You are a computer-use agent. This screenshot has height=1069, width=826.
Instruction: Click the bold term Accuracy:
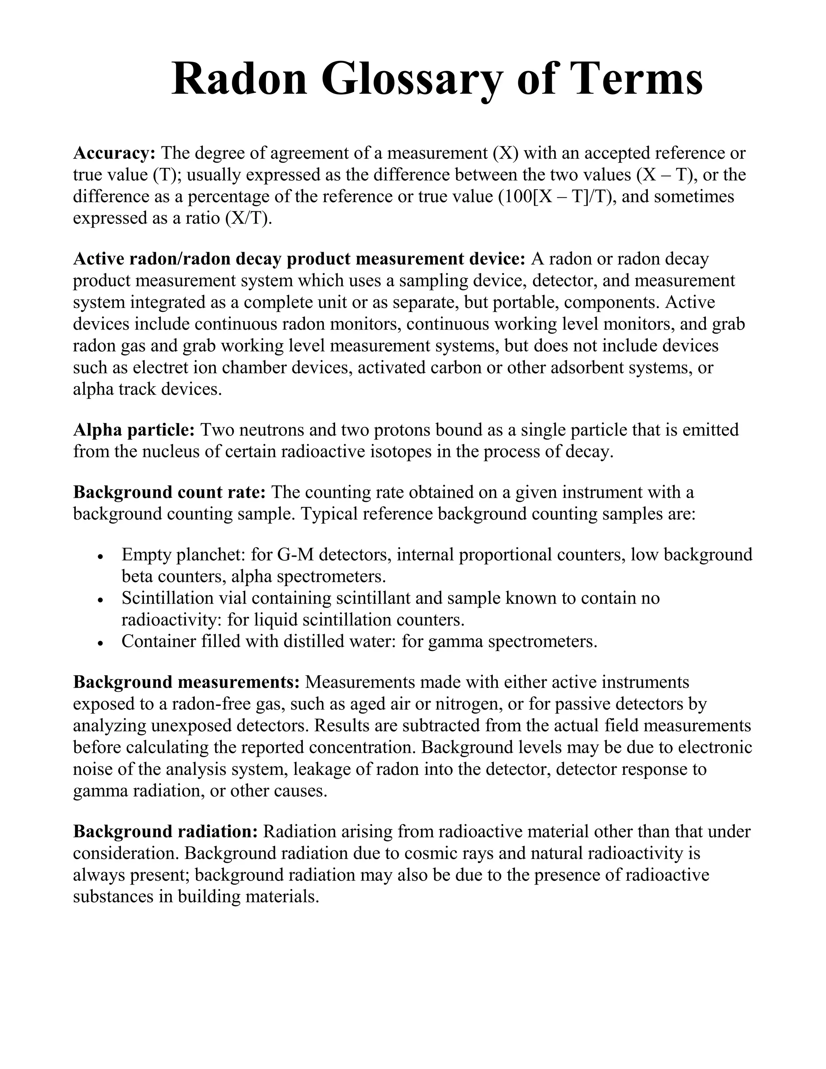click(114, 153)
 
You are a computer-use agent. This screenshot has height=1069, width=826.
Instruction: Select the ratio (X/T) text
click(248, 218)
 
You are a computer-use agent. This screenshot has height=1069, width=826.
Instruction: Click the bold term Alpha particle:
click(133, 430)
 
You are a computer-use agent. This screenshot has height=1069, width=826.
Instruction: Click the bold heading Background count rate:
click(169, 492)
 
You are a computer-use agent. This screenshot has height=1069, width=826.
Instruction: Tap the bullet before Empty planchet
click(100, 557)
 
